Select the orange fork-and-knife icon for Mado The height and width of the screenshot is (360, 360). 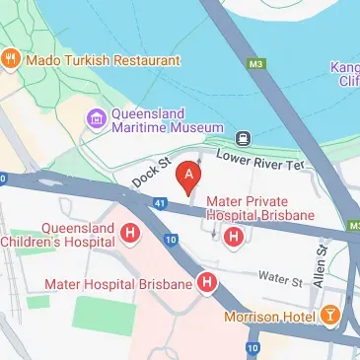coord(12,59)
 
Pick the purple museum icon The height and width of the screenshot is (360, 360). coord(96,120)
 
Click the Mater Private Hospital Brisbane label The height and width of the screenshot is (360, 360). coord(259,209)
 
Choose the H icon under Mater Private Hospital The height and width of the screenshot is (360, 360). coord(234,237)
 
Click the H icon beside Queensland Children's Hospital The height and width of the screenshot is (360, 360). coord(130,234)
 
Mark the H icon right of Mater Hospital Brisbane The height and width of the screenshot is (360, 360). coord(207,284)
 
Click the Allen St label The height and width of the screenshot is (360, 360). coord(320,269)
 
